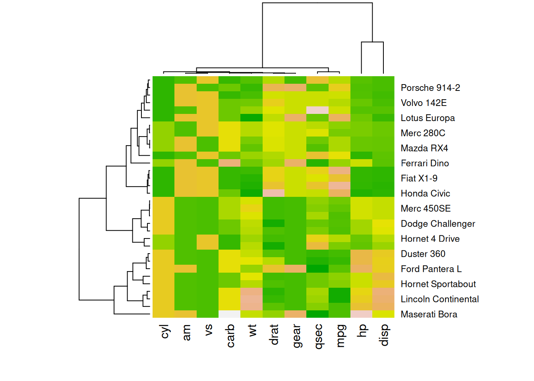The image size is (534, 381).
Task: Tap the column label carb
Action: [230, 336]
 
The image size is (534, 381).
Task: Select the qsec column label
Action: [318, 337]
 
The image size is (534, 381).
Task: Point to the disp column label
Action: [384, 335]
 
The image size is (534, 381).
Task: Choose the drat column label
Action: [274, 335]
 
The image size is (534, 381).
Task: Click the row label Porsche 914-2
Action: [430, 88]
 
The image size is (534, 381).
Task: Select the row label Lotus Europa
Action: [428, 118]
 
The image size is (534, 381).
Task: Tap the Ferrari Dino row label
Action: [425, 163]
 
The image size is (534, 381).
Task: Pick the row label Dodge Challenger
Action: [438, 224]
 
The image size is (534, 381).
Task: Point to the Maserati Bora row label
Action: [429, 314]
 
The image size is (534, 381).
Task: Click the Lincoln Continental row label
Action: [439, 299]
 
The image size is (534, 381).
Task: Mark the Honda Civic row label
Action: [425, 193]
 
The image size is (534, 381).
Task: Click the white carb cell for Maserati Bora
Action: [230, 314]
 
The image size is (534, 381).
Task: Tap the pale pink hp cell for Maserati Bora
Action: [362, 314]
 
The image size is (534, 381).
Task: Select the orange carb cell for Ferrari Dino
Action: [230, 163]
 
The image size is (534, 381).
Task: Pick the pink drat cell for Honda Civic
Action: [273, 193]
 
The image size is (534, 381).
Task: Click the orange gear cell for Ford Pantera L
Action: [296, 269]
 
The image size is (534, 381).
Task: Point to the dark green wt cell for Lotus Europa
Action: [252, 117]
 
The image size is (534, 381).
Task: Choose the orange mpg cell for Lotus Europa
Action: [340, 117]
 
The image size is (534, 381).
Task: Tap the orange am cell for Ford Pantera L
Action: [186, 269]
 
